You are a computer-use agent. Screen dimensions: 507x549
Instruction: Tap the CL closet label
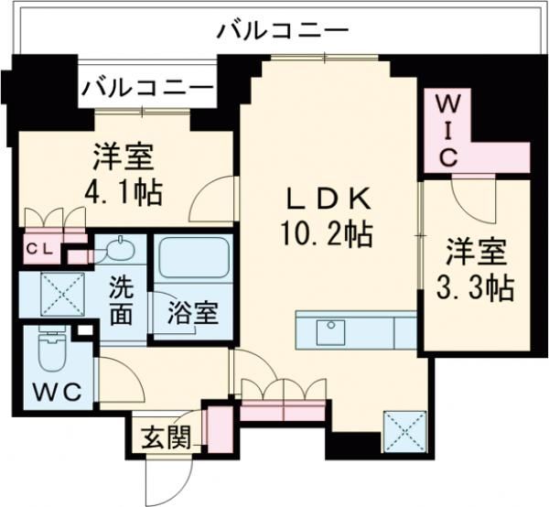click(38, 249)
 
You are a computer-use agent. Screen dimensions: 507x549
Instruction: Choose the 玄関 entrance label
click(166, 437)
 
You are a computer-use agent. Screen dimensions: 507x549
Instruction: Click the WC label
click(59, 392)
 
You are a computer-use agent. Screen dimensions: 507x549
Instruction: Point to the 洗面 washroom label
click(122, 300)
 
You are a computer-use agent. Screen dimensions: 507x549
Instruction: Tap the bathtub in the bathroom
click(195, 260)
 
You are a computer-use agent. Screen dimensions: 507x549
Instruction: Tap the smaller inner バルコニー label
click(146, 89)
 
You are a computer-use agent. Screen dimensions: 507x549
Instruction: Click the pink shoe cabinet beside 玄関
click(217, 427)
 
